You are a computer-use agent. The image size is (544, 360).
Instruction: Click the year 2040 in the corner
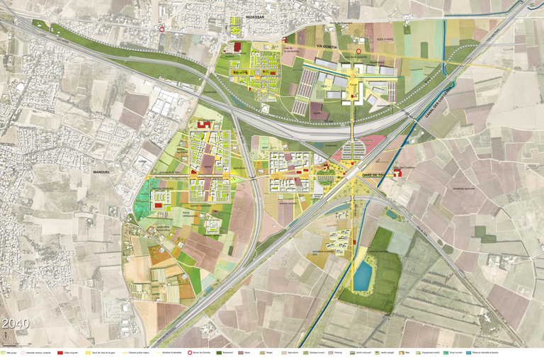[16, 324]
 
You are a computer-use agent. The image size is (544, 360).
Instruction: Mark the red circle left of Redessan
[162, 30]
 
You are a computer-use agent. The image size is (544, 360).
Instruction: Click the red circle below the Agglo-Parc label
[358, 51]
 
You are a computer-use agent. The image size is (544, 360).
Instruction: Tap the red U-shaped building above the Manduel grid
[203, 125]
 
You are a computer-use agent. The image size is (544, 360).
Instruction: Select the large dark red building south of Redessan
[238, 47]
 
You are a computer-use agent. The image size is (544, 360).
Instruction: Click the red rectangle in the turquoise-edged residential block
[158, 204]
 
